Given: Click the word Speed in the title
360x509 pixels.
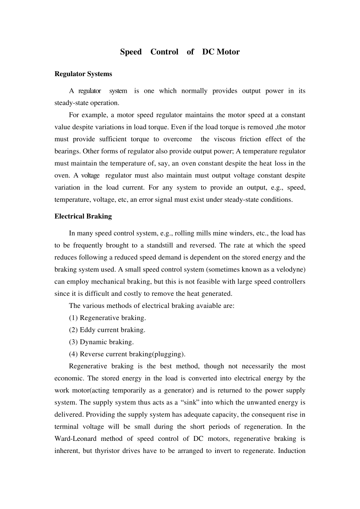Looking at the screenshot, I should pyautogui.click(x=131, y=52).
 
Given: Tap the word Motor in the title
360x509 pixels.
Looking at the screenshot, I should pyautogui.click(x=228, y=52).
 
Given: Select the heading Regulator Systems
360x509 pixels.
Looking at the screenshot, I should pyautogui.click(x=83, y=74).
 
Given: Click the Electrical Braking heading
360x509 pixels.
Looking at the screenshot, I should pyautogui.click(x=83, y=216).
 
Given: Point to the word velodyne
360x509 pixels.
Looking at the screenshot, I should pyautogui.click(x=289, y=269).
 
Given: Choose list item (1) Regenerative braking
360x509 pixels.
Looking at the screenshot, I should pyautogui.click(x=107, y=318).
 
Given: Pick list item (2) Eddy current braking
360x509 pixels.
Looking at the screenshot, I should pyautogui.click(x=107, y=330).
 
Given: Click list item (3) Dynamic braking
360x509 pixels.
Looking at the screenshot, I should pyautogui.click(x=101, y=342).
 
